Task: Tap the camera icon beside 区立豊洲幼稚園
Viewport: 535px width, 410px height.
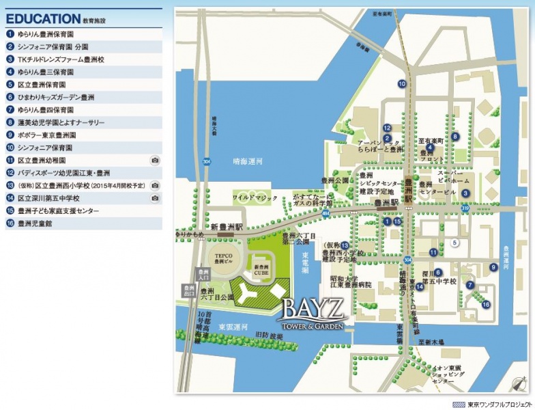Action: [155, 160]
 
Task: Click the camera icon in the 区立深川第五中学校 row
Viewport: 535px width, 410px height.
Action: [155, 198]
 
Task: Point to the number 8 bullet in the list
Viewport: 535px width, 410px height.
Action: [10, 122]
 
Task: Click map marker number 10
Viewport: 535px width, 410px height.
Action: [402, 84]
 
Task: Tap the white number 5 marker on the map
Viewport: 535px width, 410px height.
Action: [454, 243]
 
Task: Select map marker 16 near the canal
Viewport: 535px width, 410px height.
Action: [486, 304]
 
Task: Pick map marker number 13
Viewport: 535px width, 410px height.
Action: [345, 245]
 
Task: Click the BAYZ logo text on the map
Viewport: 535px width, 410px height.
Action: [312, 305]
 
